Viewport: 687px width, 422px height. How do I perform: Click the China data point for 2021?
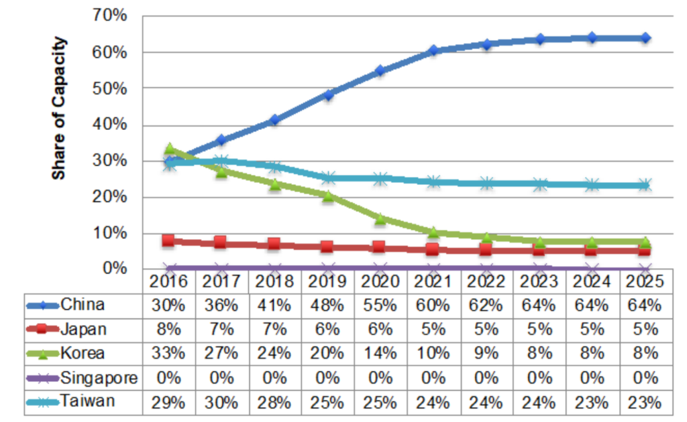(433, 50)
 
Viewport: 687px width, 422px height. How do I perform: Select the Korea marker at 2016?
(170, 149)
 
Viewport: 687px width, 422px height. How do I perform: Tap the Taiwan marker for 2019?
(328, 178)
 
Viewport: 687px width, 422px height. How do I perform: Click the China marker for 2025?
(645, 38)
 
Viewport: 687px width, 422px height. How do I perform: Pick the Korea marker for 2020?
(380, 218)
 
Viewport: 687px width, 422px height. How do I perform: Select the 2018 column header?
(274, 281)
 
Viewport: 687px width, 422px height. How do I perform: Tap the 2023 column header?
(539, 281)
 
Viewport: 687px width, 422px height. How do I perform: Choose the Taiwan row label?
(87, 402)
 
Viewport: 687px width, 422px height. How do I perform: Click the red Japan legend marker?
(43, 330)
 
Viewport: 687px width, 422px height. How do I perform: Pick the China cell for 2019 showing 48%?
(327, 305)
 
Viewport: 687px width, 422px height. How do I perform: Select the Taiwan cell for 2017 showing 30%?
(221, 403)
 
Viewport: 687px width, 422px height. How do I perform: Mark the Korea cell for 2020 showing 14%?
(380, 354)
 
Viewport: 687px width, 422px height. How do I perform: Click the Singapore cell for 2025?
(645, 378)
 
